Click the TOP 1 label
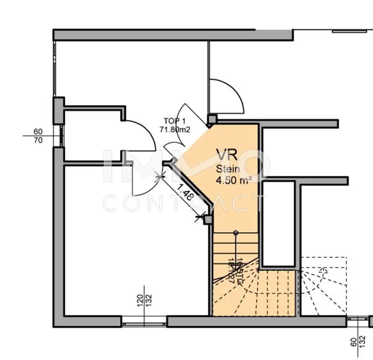pos(174,121)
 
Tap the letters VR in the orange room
pos(227,155)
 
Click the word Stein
pos(228,169)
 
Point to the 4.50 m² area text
pos(232,181)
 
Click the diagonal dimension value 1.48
pos(185,192)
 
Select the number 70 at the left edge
pos(38,140)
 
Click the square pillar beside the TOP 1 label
pos(212,119)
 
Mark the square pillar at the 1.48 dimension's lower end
pos(208,219)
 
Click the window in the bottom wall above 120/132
pos(144,321)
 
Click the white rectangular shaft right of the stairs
pos(278,224)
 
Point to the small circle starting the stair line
pos(236,233)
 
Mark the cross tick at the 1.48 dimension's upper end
pos(159,178)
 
